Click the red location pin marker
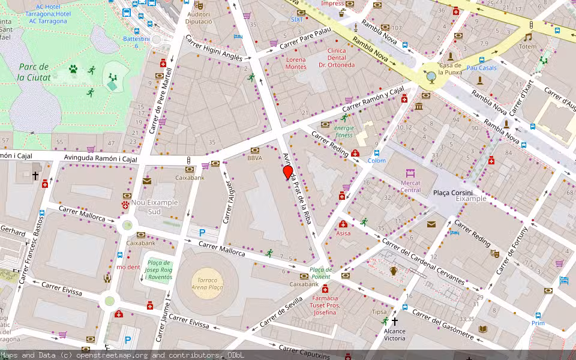[x=288, y=173]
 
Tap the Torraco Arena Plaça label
[x=208, y=284]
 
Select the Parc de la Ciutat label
[x=33, y=72]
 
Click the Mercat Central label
[x=410, y=186]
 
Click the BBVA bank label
[x=255, y=158]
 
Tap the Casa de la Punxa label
[x=449, y=69]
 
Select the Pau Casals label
[x=481, y=68]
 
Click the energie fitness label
[x=344, y=131]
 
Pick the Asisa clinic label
[x=343, y=233]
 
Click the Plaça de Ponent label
[x=320, y=273]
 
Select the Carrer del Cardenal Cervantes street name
[x=423, y=262]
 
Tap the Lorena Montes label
[x=296, y=63]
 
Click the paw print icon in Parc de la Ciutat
[x=73, y=70]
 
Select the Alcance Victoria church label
[x=394, y=334]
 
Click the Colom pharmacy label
[x=376, y=161]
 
